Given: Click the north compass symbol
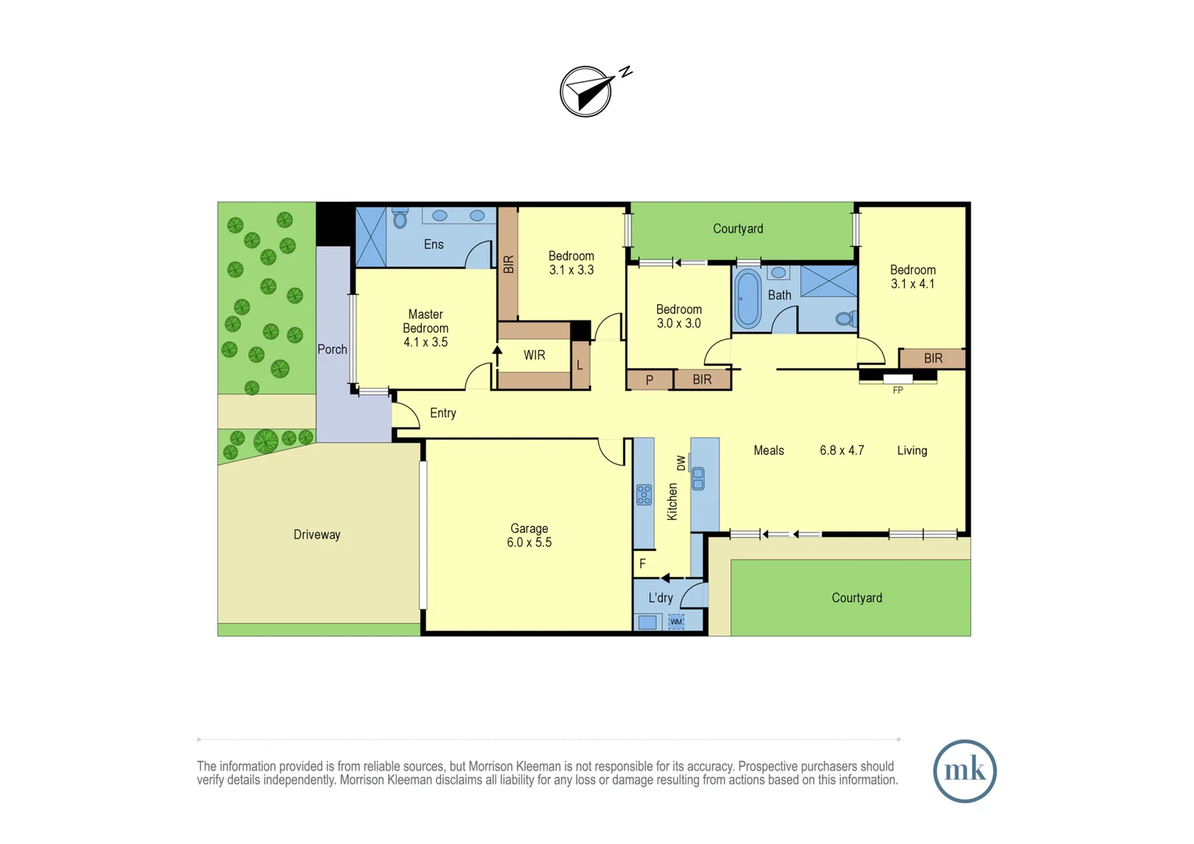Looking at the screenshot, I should (586, 91).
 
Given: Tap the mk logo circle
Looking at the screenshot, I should (964, 771).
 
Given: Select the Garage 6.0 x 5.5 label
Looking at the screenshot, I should (529, 535).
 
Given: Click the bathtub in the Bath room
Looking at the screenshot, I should (748, 299).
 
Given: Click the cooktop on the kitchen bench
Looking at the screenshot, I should (644, 495).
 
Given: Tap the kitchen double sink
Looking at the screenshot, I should (698, 477).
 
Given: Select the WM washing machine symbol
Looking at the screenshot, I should (676, 622).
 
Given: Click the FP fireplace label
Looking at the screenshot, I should (898, 390).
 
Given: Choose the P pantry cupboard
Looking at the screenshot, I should (649, 380).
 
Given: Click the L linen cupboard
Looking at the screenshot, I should (580, 365).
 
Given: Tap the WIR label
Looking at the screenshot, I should (534, 355).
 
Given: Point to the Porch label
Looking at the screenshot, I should (332, 349).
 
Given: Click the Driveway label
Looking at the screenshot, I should (316, 535).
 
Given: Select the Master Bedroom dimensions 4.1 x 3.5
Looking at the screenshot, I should (425, 342).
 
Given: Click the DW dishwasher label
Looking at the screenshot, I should (681, 463).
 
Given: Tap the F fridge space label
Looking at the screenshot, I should (642, 563).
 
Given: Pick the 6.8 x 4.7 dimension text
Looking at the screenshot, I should (842, 450).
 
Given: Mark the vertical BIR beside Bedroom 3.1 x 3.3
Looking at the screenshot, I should (508, 264).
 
